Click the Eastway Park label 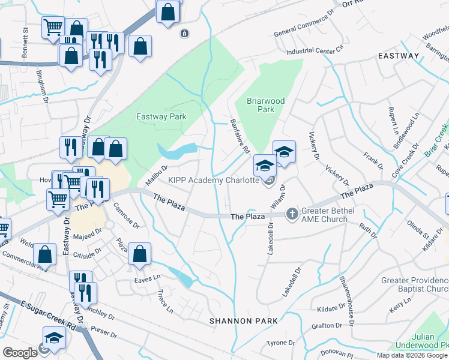(161, 117)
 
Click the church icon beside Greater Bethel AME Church (292, 214)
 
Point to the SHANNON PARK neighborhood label (243, 321)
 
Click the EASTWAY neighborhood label (398, 56)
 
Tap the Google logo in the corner (20, 353)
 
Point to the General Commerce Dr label (303, 24)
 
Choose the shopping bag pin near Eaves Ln (139, 254)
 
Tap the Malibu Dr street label (155, 175)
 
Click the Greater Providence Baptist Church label (414, 284)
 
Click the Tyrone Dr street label (281, 343)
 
